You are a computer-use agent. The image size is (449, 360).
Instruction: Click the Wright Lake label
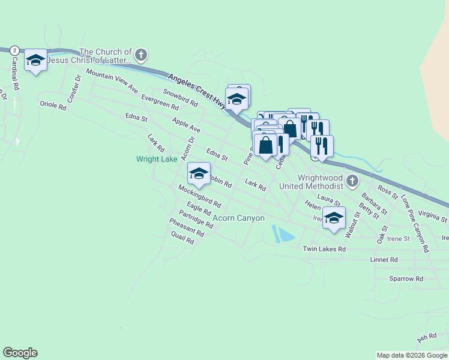pyautogui.click(x=157, y=159)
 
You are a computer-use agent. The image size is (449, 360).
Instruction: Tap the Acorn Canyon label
pyautogui.click(x=239, y=218)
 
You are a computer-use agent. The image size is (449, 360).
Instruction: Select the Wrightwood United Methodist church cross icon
pyautogui.click(x=352, y=181)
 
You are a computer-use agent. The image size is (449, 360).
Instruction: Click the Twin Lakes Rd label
pyautogui.click(x=324, y=249)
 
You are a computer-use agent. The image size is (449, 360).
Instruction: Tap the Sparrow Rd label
pyautogui.click(x=406, y=279)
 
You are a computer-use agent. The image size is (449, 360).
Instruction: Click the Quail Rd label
pyautogui.click(x=182, y=238)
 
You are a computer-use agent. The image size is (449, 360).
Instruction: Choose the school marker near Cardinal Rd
pyautogui.click(x=35, y=60)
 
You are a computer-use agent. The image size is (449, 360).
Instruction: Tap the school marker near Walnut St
pyautogui.click(x=334, y=218)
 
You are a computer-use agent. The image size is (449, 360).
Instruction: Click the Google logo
pyautogui.click(x=20, y=353)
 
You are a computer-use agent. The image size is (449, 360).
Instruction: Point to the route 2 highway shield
pyautogui.click(x=14, y=50)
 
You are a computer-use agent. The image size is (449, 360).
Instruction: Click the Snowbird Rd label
pyautogui.click(x=180, y=98)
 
